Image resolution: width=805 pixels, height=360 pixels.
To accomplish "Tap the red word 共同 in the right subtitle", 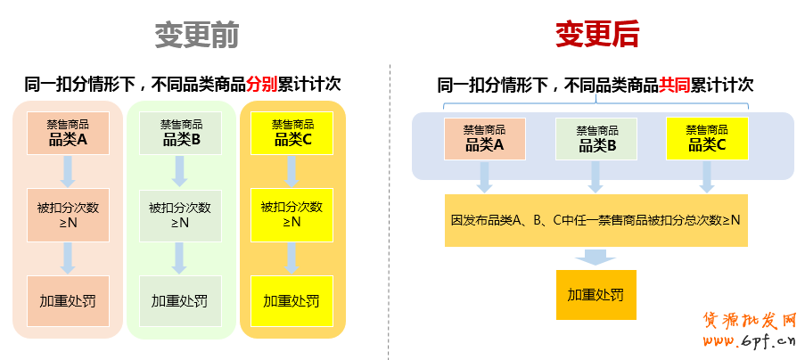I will [674, 85].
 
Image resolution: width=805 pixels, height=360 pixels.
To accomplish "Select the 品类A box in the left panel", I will [68, 132].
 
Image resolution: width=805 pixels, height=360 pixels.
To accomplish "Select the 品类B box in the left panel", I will [181, 132].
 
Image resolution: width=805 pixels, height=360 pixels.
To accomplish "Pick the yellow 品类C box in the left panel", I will [292, 132].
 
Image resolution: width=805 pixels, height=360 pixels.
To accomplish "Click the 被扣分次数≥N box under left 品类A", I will [68, 215].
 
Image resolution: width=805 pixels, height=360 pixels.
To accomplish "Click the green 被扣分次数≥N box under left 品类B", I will [180, 215].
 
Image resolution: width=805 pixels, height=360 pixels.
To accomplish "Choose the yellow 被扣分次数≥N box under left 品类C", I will [292, 215].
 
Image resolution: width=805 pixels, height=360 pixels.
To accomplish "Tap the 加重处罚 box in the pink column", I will [68, 301].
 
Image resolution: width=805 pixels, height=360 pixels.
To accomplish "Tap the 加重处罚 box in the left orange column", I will [292, 301].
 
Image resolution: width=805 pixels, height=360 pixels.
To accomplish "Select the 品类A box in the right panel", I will [484, 137].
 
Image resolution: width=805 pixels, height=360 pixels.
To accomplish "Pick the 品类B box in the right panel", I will [596, 138].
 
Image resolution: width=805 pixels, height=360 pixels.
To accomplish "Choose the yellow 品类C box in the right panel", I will [707, 137].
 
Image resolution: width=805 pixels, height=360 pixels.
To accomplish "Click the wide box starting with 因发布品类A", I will [596, 219].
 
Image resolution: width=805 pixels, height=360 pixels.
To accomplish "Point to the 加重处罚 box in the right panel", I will [596, 295].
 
